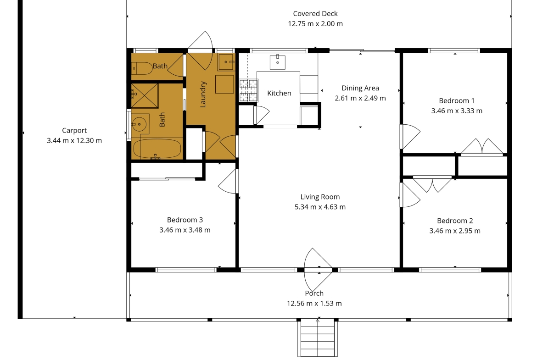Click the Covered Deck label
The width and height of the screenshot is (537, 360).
click(x=315, y=14)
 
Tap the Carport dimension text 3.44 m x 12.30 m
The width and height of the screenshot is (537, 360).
click(x=74, y=141)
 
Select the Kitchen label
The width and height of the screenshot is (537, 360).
click(x=279, y=93)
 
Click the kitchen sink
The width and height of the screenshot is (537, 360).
click(x=277, y=62)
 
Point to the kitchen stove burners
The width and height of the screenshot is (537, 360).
click(x=248, y=90)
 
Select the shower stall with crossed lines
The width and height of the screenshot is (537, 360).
click(x=145, y=95)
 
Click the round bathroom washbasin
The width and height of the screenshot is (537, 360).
click(x=139, y=124)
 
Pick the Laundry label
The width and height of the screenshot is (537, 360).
click(x=203, y=94)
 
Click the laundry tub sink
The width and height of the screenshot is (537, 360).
click(x=226, y=62)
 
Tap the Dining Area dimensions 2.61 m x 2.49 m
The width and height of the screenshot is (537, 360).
click(x=360, y=98)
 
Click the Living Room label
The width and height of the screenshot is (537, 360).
click(x=320, y=197)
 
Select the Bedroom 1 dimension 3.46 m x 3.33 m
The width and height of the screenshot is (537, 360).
click(x=457, y=111)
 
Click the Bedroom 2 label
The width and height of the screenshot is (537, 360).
click(x=455, y=221)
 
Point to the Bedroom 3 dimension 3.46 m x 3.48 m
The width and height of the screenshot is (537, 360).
click(x=185, y=230)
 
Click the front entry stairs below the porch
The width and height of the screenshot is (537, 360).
click(x=318, y=338)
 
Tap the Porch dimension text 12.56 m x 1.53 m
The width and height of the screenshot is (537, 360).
click(x=314, y=304)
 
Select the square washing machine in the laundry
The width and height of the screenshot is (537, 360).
click(x=224, y=84)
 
